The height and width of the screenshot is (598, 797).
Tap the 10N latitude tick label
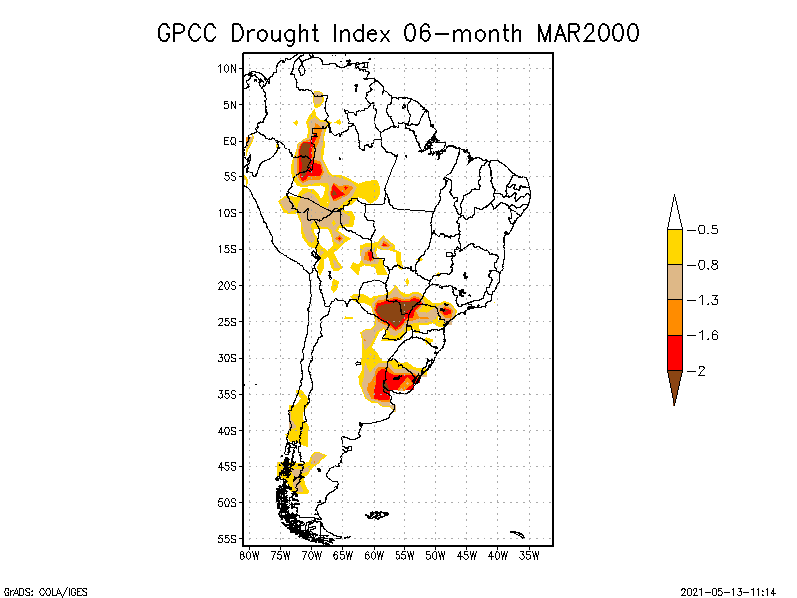[228, 69]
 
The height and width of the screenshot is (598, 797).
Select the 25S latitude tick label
[228, 322]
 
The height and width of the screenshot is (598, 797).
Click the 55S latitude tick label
[228, 539]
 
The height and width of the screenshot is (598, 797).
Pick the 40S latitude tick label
[228, 431]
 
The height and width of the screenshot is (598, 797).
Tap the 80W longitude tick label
[249, 555]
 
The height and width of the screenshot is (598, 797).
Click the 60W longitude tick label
[375, 555]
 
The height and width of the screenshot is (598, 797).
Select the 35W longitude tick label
[530, 555]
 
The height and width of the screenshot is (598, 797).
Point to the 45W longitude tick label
[467, 555]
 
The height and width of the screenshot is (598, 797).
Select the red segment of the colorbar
[674, 352]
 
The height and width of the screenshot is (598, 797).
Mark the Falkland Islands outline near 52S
[377, 515]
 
